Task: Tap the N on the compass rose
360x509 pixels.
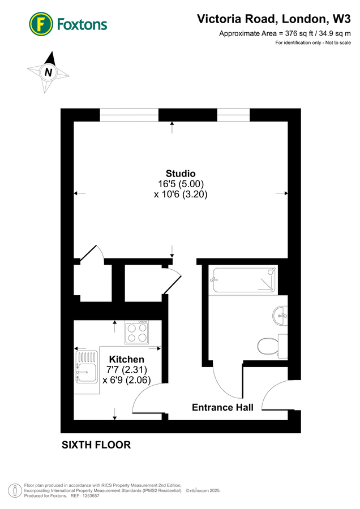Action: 49,72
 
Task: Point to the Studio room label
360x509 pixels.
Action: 181,173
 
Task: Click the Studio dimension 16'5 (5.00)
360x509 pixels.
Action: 181,184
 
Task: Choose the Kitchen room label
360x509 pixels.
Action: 126,359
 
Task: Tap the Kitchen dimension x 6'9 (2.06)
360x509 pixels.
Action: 126,380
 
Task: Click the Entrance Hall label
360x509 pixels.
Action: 222,407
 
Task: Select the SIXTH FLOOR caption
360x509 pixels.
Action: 96,445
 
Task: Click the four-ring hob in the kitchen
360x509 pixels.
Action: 136,332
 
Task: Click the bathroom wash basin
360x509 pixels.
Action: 280,314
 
